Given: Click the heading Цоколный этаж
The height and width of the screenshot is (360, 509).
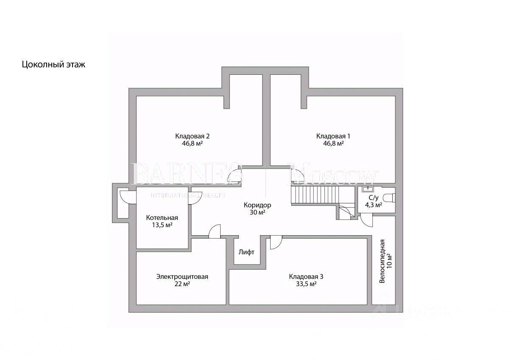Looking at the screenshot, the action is (x=53, y=65).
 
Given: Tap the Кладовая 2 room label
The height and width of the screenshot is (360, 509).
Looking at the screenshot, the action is (x=192, y=136).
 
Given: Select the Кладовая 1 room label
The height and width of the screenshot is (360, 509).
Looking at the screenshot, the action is (x=333, y=136).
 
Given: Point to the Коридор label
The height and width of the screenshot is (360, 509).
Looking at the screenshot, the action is (x=257, y=205).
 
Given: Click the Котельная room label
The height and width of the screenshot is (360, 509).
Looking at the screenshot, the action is (x=162, y=217).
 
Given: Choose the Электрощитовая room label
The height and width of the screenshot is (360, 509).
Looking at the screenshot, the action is (x=182, y=276).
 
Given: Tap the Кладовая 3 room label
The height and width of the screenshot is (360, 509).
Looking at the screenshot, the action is (x=306, y=276).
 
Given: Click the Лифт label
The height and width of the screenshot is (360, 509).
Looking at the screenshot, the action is (x=246, y=252).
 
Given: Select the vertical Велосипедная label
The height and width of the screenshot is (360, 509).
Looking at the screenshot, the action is (x=382, y=261).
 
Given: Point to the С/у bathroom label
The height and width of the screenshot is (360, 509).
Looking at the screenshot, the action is (x=373, y=197).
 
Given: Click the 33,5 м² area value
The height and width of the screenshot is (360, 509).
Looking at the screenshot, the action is (x=306, y=284).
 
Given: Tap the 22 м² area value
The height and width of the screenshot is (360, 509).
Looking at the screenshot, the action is (x=182, y=284).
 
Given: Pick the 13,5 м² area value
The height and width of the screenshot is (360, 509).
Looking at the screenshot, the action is (x=162, y=225).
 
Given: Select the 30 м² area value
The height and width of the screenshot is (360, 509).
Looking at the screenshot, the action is (x=257, y=212).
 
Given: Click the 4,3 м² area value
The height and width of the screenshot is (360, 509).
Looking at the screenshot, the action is (x=373, y=205).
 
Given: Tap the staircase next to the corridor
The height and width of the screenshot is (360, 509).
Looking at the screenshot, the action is (x=314, y=196).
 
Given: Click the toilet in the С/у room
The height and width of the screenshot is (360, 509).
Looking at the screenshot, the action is (x=389, y=197).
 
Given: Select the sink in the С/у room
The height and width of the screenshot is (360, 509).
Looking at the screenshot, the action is (x=367, y=190).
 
